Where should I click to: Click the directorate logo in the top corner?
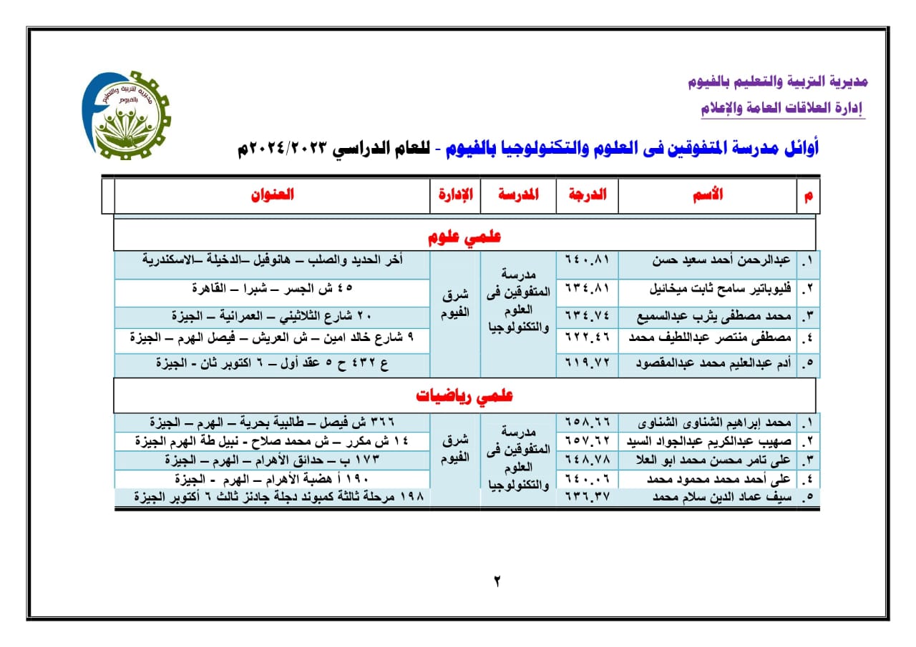coord(126,114)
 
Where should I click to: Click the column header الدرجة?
coord(587,195)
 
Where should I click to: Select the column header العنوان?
coord(272,195)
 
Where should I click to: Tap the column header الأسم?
coord(708,194)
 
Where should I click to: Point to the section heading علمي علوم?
coord(465,237)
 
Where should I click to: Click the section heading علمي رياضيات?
coord(465,396)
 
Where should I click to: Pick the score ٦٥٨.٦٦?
coord(587,421)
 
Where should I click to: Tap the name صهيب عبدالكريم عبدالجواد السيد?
coord(708,440)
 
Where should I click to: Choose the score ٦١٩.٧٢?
coord(587,363)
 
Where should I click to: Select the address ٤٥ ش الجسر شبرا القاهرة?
coord(272,289)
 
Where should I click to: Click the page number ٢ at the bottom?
coord(496,581)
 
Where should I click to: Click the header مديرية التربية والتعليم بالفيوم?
coord(778,82)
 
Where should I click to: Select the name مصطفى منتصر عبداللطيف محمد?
coord(708,339)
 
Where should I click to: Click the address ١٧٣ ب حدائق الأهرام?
coord(272,459)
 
